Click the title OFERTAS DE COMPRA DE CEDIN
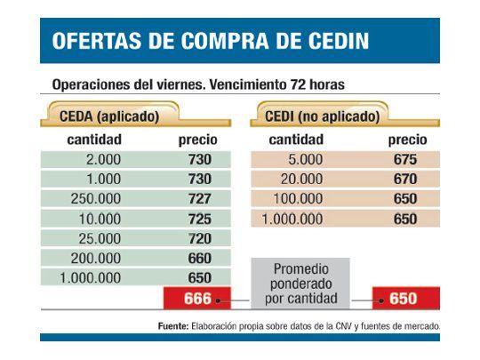click(211, 42)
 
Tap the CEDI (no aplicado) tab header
click(323, 116)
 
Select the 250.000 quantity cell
click(96, 198)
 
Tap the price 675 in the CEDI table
click(405, 160)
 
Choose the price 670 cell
click(405, 180)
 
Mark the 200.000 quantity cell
click(96, 259)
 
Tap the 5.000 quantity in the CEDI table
click(300, 160)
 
